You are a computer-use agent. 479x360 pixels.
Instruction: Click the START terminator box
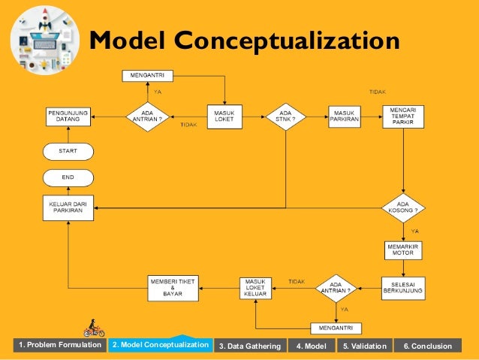68,151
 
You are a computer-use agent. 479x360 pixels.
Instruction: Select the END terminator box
68,177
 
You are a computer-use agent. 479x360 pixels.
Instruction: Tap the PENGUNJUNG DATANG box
68,117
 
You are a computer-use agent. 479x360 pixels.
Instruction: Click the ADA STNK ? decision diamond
286,117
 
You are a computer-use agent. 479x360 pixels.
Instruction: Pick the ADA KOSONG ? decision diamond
404,207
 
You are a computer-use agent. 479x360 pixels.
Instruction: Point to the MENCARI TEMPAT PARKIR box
404,116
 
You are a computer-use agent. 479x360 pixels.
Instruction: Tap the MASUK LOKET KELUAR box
256,286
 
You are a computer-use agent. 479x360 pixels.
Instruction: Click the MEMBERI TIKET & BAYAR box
173,286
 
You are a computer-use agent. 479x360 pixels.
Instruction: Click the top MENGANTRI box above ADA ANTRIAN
148,75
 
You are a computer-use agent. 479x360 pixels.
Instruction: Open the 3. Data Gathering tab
249,346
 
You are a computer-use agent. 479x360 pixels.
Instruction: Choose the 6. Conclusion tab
428,346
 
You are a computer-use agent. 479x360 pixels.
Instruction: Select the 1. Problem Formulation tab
60,345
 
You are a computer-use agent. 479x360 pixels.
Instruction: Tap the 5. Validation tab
365,346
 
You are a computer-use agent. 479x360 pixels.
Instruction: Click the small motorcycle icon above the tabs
94,329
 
